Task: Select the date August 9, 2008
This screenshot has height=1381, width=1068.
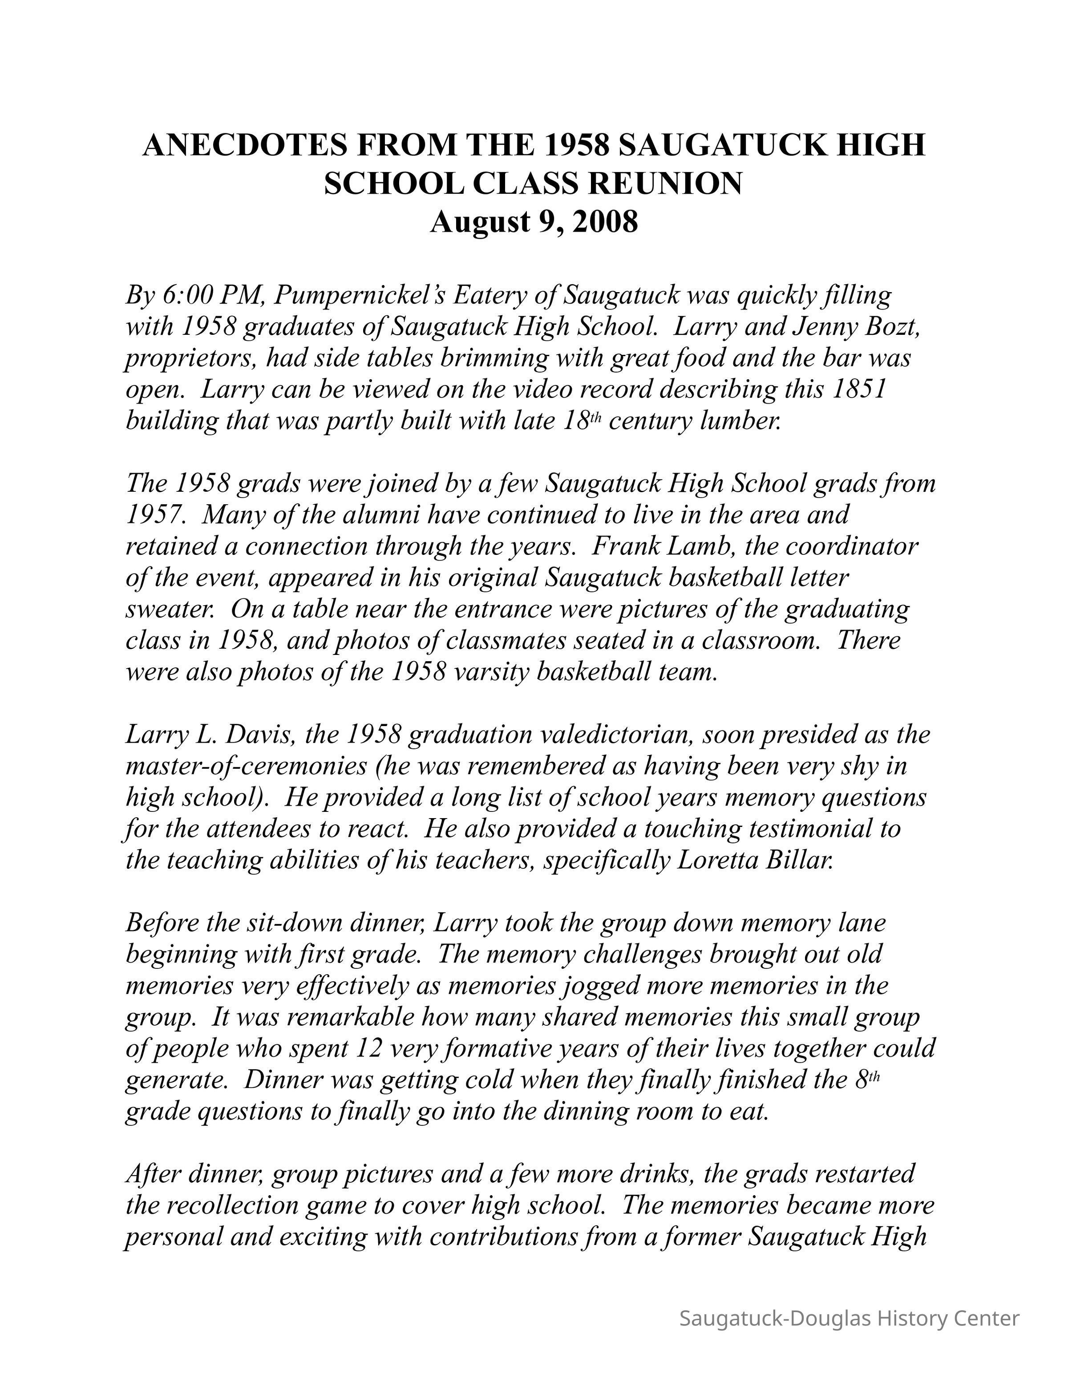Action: tap(534, 222)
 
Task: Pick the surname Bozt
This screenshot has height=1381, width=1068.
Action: tap(888, 326)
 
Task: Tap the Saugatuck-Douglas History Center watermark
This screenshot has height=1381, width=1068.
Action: tap(849, 1318)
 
